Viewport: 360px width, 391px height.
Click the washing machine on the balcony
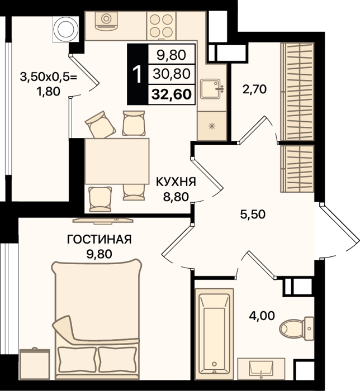click(x=66, y=29)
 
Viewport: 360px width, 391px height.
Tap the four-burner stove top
click(x=162, y=25)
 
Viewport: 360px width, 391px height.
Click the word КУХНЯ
click(x=176, y=182)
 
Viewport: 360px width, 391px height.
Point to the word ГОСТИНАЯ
click(x=100, y=240)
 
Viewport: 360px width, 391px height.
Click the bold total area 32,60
click(x=172, y=94)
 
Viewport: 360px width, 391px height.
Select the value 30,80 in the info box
click(x=172, y=74)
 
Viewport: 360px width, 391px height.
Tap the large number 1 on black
click(x=137, y=74)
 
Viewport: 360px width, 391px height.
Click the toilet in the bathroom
click(x=297, y=328)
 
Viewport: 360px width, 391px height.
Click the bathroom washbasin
click(x=261, y=369)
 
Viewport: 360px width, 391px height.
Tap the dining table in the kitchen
click(x=117, y=161)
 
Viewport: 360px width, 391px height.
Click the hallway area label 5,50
click(x=253, y=214)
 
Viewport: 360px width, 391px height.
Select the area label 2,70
click(x=254, y=89)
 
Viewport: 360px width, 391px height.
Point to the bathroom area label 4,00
click(x=262, y=316)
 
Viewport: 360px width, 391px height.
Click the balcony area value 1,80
click(x=49, y=92)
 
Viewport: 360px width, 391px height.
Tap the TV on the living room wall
click(x=103, y=220)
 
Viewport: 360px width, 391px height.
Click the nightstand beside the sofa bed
click(x=35, y=364)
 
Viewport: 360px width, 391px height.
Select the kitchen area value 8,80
click(x=176, y=197)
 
